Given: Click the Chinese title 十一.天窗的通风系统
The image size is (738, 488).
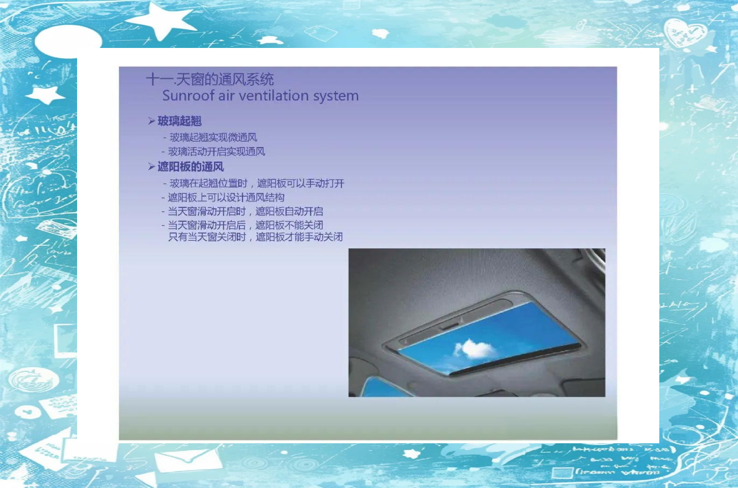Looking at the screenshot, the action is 210,79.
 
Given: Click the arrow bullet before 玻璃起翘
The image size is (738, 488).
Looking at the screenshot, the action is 151,121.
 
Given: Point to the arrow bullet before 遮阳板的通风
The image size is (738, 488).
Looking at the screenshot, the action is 151,166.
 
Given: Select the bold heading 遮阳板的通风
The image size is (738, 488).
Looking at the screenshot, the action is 191,166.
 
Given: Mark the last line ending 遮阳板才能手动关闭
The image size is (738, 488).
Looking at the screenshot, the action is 256,237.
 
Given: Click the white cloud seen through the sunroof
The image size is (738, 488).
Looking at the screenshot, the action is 475,349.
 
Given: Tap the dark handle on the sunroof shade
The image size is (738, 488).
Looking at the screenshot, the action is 448,326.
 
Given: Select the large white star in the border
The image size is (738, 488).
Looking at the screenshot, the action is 160,20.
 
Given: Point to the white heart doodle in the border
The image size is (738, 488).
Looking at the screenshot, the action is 685,33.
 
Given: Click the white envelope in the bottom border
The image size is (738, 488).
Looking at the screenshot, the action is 188,459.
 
